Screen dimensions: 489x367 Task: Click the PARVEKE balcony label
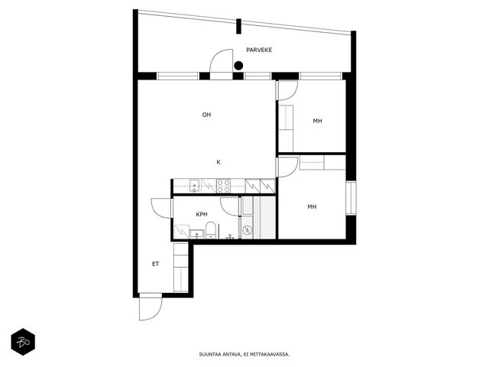pos(259,50)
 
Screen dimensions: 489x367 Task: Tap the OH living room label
pos(206,115)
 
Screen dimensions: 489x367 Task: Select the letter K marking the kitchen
pos(219,162)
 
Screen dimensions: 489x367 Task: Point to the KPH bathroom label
pos(202,214)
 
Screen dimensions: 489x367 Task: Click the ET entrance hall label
pos(155,264)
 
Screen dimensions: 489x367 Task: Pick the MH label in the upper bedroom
pos(317,121)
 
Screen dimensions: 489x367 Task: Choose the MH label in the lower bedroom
pos(312,206)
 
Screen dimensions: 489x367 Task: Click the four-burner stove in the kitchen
pos(223,186)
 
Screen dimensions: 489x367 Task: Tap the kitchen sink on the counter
pos(195,186)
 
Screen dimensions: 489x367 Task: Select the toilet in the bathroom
pos(211,230)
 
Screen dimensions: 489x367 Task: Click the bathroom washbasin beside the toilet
pos(196,234)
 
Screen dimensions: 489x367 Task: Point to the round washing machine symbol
pos(248,230)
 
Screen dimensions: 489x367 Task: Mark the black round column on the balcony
pos(238,66)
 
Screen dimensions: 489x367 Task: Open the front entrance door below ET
pos(151,307)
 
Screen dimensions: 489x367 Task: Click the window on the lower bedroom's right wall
pos(351,198)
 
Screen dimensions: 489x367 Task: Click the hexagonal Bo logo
pos(23,342)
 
